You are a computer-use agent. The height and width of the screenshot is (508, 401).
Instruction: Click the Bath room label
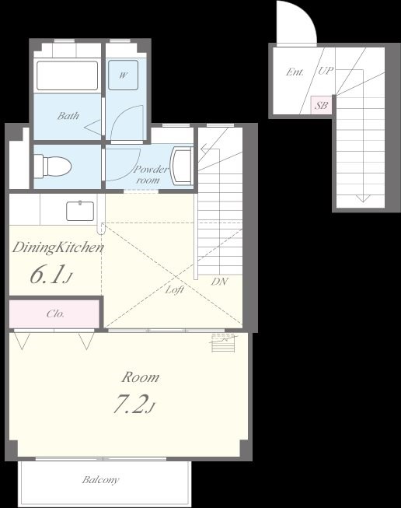68,116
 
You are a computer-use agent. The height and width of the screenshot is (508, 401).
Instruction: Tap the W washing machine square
123,75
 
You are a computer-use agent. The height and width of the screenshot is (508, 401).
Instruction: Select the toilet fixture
52,166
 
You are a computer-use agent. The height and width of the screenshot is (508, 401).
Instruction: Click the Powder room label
151,174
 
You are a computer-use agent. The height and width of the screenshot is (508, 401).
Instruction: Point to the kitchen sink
80,211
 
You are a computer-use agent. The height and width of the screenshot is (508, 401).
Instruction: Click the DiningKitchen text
58,248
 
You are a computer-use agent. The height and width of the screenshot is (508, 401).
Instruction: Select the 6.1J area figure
51,275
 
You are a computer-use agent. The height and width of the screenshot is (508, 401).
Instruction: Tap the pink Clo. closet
54,314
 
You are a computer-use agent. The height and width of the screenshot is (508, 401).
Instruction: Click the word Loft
175,289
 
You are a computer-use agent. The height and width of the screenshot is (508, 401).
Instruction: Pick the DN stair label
219,282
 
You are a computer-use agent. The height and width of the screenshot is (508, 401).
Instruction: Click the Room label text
141,377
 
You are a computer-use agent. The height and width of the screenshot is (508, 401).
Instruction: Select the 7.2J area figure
134,405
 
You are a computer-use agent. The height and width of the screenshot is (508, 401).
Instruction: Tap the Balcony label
101,480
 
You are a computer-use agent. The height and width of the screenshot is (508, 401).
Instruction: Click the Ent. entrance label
295,72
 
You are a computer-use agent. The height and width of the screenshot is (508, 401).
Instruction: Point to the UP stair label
326,71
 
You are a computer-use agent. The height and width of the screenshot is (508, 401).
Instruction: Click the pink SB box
321,105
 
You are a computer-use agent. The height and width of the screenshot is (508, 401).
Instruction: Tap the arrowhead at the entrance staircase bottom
363,198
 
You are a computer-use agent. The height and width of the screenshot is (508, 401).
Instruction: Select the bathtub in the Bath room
68,75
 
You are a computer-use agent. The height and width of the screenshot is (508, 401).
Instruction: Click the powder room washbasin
182,166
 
